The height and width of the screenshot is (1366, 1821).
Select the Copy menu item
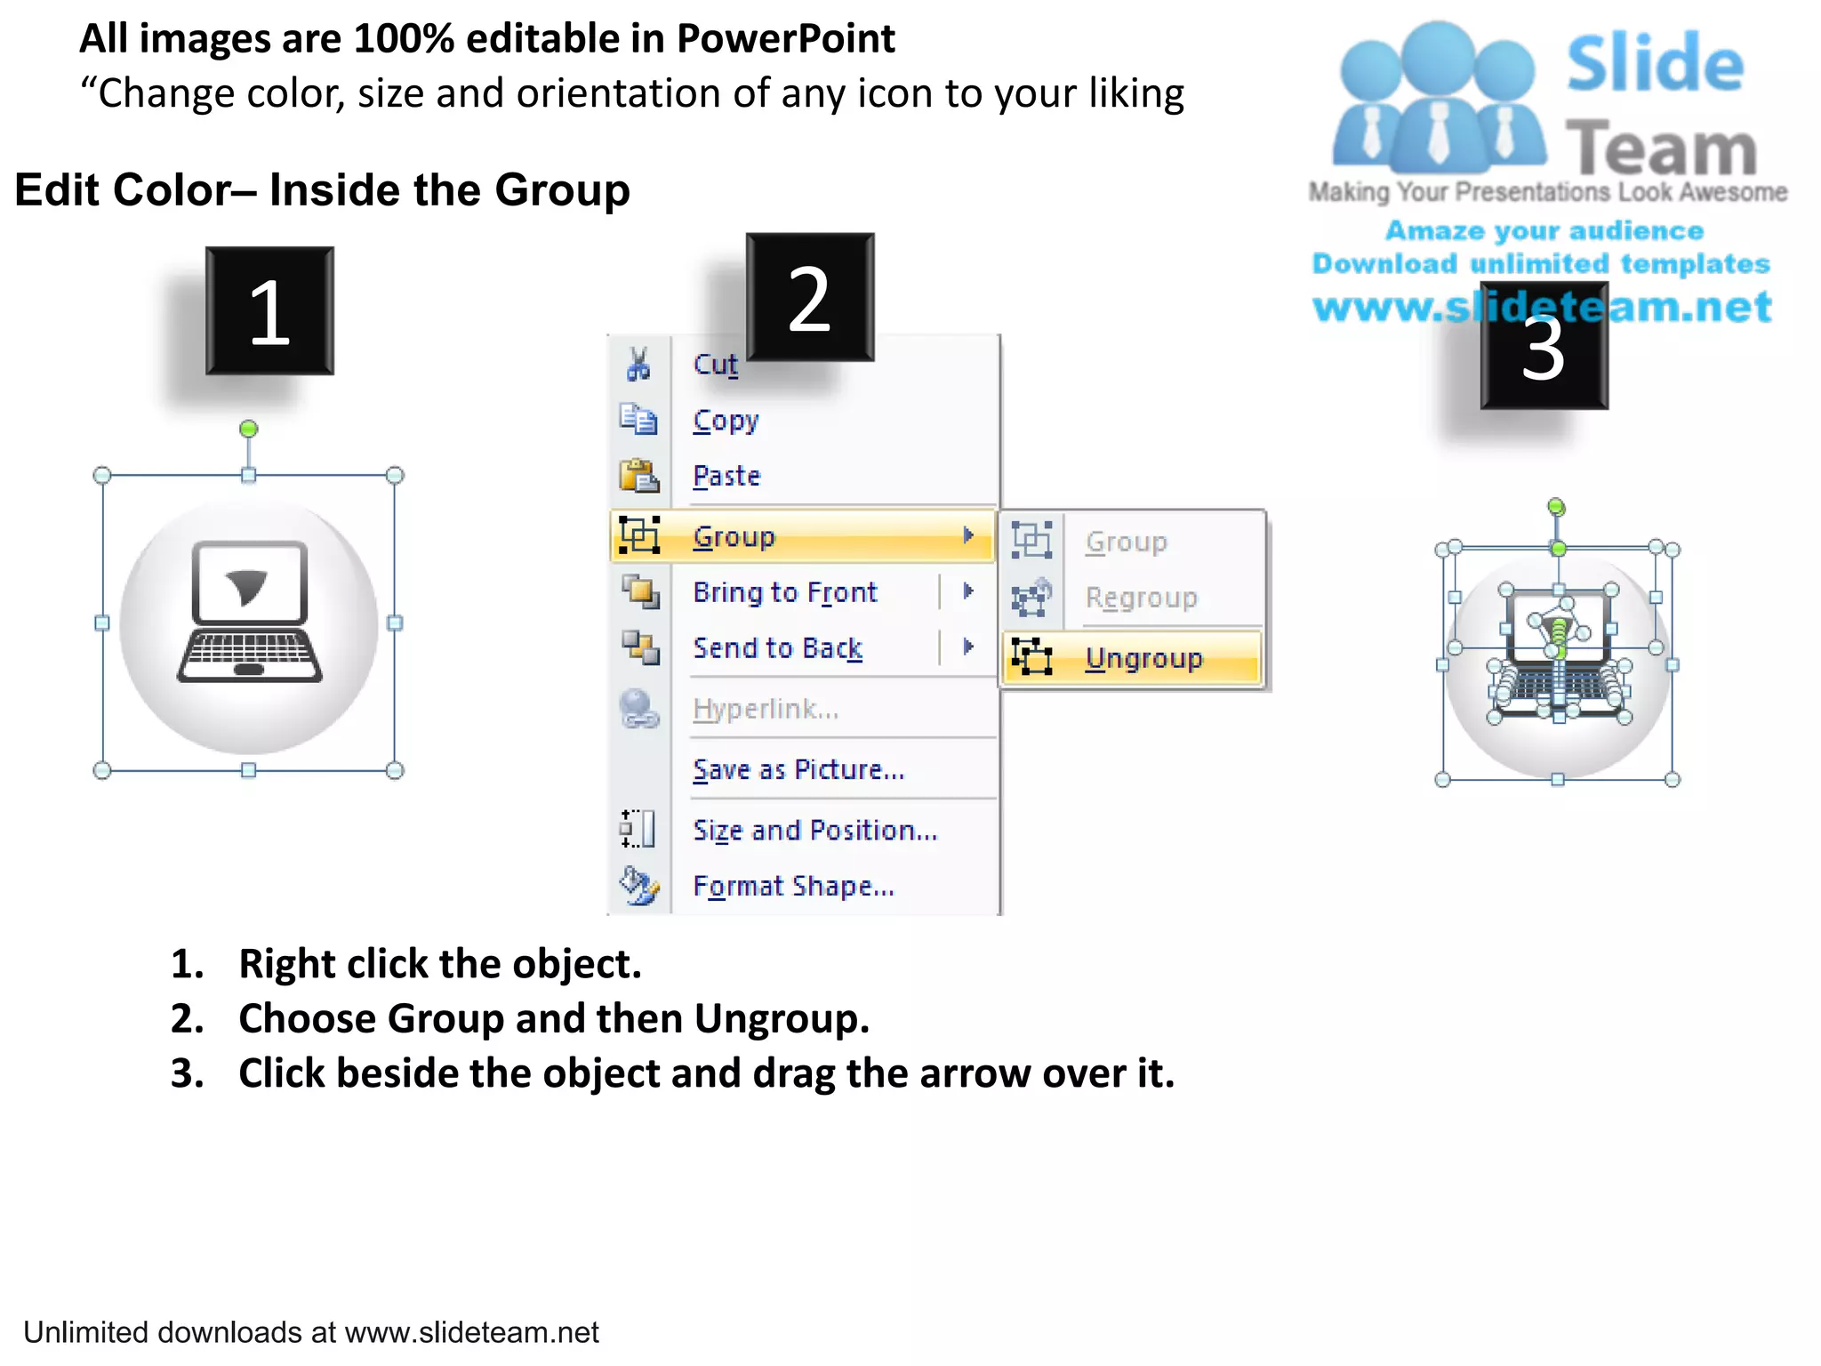(726, 421)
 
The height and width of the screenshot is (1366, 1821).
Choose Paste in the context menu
(726, 476)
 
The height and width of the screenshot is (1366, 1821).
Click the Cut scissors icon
(638, 364)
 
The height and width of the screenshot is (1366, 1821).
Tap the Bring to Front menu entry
(784, 592)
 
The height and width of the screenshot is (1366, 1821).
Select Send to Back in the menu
(778, 647)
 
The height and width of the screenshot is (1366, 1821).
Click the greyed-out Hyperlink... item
(766, 709)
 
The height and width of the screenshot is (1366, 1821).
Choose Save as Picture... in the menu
(798, 769)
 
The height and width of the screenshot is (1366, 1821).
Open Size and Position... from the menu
(815, 830)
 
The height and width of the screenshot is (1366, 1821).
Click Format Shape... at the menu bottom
(793, 886)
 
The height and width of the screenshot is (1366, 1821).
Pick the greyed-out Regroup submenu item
(1141, 598)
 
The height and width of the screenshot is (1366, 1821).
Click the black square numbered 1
(270, 311)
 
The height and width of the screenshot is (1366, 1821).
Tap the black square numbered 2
(810, 297)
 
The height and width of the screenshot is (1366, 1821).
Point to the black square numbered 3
(1544, 346)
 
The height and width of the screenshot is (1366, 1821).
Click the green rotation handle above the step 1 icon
(249, 429)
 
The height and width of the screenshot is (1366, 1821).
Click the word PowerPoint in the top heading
(786, 39)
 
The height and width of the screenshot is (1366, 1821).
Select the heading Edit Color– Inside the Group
(322, 190)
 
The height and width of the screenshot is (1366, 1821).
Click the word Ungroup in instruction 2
(782, 1019)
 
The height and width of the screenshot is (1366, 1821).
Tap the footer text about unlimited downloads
(311, 1332)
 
